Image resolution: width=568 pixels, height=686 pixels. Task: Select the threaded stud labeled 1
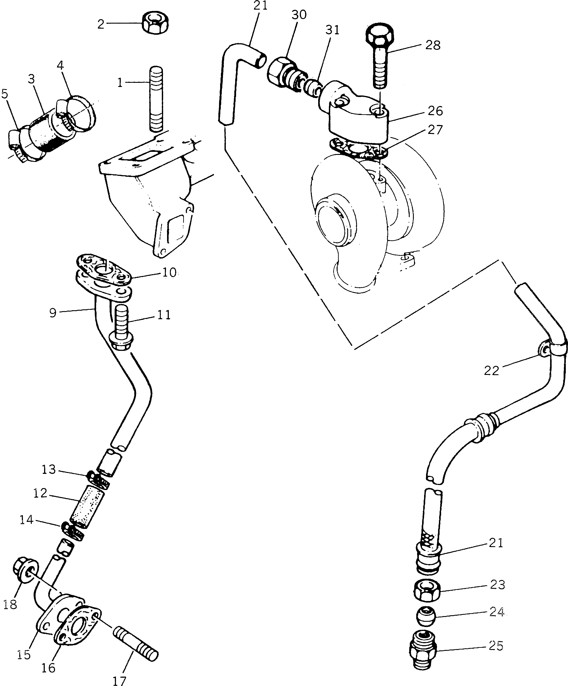[x=156, y=99]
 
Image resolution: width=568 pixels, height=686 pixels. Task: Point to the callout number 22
[x=492, y=371]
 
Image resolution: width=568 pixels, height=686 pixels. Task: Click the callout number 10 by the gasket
[x=169, y=272]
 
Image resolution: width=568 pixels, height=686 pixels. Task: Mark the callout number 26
[x=435, y=111]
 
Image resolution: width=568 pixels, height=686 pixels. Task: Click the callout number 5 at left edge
[x=5, y=94]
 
